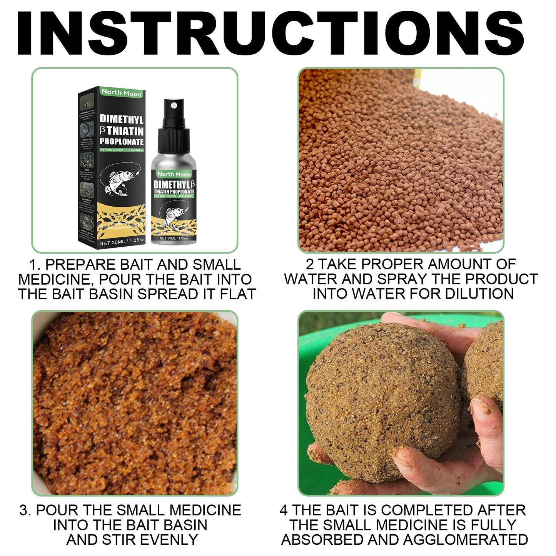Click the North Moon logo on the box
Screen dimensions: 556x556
[122, 93]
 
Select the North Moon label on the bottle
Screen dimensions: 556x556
[174, 174]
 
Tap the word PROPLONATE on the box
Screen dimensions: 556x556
[122, 142]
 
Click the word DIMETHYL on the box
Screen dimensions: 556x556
[122, 119]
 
